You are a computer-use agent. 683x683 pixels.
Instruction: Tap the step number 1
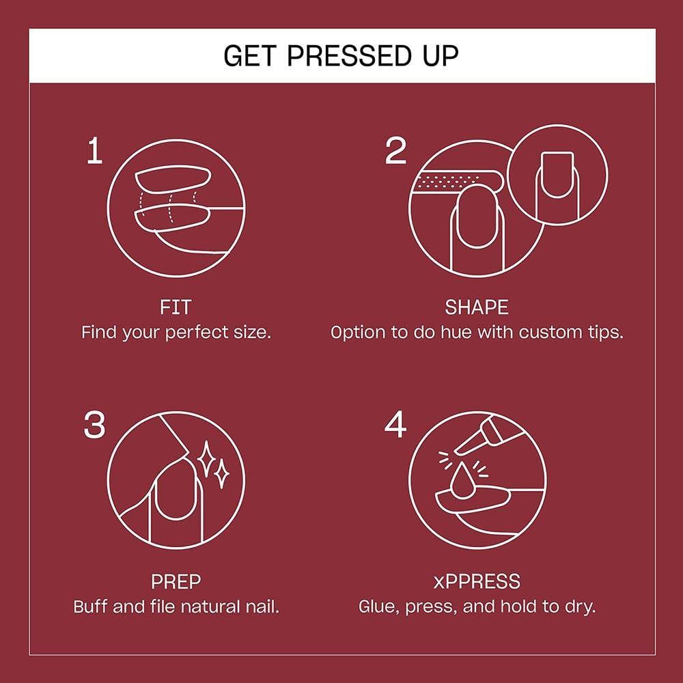94,152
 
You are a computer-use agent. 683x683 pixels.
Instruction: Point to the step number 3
94,426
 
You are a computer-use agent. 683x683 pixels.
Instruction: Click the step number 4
395,426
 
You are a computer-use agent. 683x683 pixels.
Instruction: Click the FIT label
176,307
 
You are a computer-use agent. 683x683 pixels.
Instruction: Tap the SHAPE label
477,307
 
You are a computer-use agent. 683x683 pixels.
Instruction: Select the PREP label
176,582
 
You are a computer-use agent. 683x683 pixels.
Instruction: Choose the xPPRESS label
477,582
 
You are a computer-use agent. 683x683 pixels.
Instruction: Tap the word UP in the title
438,55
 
